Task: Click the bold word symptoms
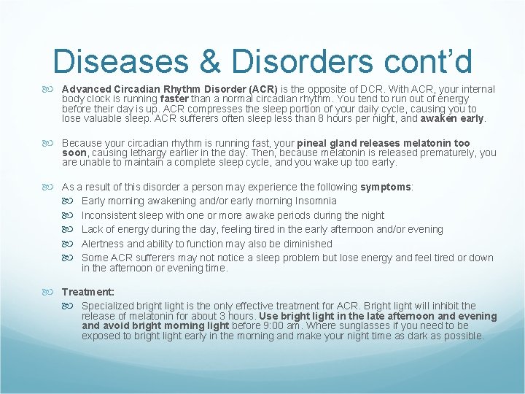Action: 386,187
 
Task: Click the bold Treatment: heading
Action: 88,291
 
